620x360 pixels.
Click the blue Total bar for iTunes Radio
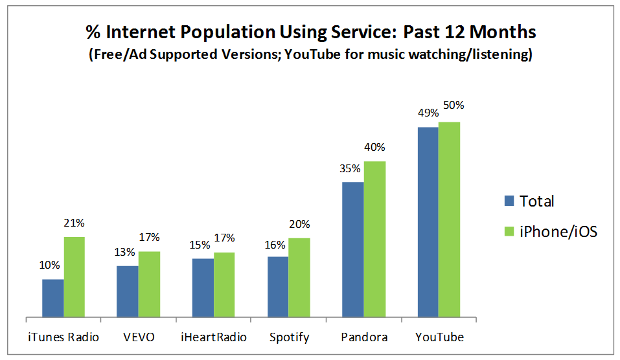click(x=53, y=298)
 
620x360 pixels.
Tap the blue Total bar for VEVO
click(x=128, y=291)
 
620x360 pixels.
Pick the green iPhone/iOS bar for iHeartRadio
click(x=224, y=285)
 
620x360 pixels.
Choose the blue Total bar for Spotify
click(x=278, y=287)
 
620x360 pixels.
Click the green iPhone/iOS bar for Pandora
click(x=374, y=240)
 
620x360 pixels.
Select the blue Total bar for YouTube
click(x=428, y=222)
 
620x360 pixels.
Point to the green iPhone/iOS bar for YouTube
click(x=449, y=219)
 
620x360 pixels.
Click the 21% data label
click(x=75, y=223)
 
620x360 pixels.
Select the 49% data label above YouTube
click(x=427, y=113)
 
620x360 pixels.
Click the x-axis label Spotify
click(x=289, y=337)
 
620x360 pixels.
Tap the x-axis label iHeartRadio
click(x=213, y=337)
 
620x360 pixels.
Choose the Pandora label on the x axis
click(x=364, y=337)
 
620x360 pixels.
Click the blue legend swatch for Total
click(x=509, y=201)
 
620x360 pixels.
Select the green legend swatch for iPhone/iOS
click(x=509, y=231)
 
